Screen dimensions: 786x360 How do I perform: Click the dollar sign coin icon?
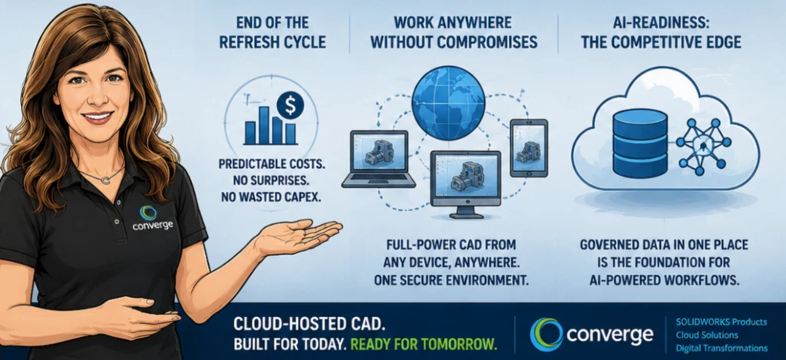click(x=290, y=105)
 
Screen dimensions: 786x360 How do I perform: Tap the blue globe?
click(x=448, y=104)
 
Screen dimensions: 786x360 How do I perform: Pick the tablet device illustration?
click(x=529, y=147)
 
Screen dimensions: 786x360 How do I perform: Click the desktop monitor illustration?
click(x=466, y=184)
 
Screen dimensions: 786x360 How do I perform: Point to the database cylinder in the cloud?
click(x=640, y=143)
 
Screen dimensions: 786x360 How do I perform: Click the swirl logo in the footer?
click(x=547, y=334)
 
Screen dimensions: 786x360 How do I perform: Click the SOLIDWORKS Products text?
click(x=722, y=322)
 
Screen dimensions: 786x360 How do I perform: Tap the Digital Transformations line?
click(x=722, y=348)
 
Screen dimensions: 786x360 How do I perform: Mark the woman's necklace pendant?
click(x=106, y=180)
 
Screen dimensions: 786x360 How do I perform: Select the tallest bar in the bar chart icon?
click(x=264, y=125)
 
